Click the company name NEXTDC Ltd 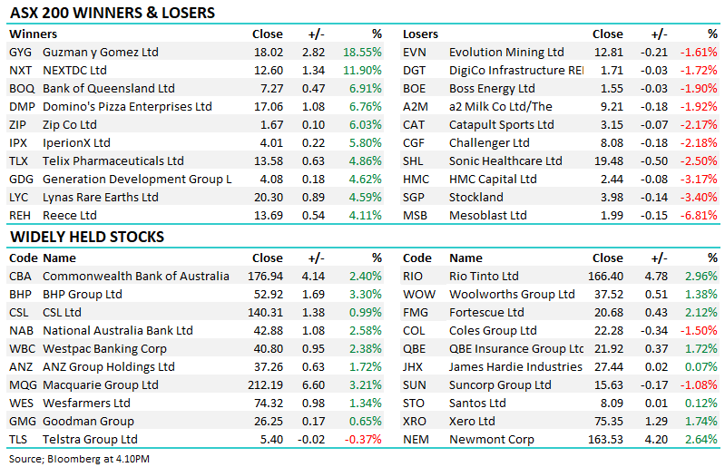pos(74,70)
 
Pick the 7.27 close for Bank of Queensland pos(269,88)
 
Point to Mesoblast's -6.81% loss pos(699,215)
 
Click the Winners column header pos(32,34)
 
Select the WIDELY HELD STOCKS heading pos(87,237)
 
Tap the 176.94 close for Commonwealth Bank pos(265,276)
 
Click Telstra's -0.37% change pos(363,439)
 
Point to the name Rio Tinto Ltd pos(484,276)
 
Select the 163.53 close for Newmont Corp pos(604,439)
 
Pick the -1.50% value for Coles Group pos(699,330)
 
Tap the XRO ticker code pos(416,421)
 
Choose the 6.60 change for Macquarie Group pos(313,384)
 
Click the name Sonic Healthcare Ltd pos(503,161)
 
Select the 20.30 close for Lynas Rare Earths pos(265,197)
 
